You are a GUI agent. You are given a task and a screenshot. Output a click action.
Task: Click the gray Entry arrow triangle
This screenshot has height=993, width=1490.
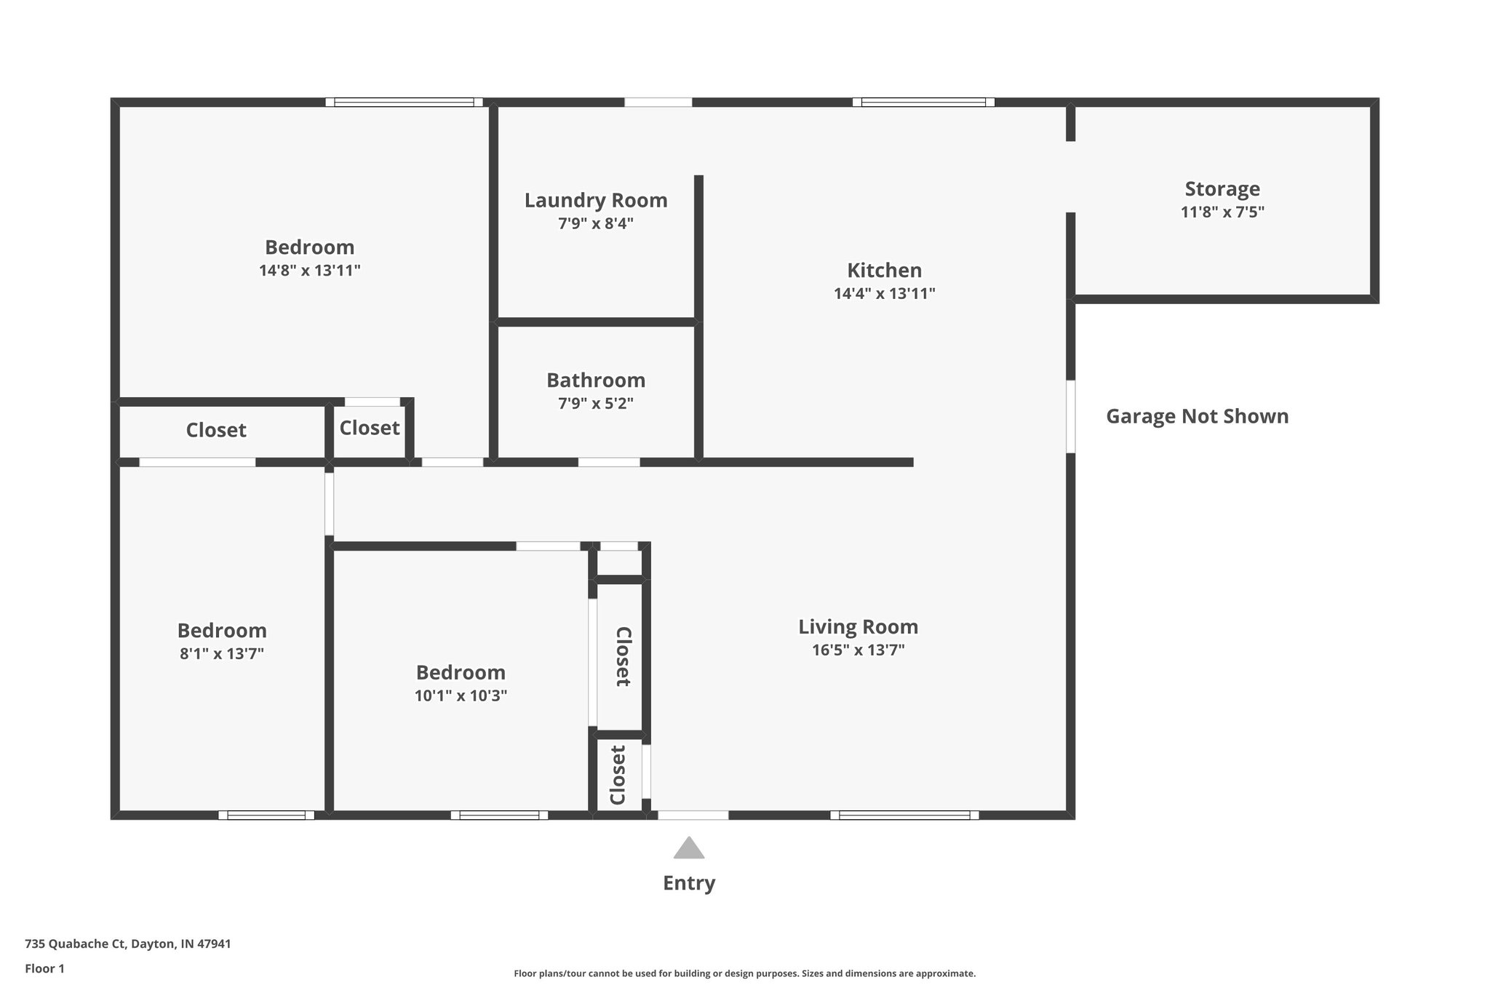(x=688, y=849)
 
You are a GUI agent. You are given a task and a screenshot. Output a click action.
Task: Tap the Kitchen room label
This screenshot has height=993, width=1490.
(x=884, y=271)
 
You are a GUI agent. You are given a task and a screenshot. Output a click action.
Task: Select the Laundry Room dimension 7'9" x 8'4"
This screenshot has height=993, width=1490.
(x=595, y=223)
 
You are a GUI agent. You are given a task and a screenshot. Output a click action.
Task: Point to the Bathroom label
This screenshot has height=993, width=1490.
(x=595, y=380)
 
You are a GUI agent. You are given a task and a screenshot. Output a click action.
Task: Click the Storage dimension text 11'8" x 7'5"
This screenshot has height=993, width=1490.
(x=1222, y=212)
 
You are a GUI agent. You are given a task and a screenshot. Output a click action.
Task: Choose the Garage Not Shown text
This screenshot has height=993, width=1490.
(x=1197, y=416)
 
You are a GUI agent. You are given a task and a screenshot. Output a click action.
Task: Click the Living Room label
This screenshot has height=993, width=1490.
(x=858, y=627)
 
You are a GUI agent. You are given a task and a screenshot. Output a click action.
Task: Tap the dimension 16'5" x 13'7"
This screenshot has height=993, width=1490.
(x=858, y=650)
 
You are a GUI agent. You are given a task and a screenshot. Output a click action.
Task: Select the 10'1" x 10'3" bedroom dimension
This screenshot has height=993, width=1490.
(x=461, y=695)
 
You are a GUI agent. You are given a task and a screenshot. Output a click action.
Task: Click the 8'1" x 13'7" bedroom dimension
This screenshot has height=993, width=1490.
(x=222, y=653)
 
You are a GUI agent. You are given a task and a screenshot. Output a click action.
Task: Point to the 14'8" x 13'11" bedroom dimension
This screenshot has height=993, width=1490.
(x=309, y=271)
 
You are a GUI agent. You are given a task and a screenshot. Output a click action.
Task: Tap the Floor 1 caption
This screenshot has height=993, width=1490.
(x=44, y=968)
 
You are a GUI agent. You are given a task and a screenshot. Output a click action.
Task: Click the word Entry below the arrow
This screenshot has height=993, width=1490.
(x=688, y=883)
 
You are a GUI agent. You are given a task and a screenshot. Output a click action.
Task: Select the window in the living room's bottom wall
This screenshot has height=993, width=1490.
(x=904, y=815)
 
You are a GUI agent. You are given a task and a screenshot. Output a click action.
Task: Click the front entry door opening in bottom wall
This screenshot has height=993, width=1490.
(x=693, y=815)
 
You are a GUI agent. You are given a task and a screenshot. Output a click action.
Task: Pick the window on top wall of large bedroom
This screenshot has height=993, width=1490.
(x=404, y=103)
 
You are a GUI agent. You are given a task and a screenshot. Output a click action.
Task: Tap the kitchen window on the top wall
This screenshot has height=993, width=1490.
(x=923, y=103)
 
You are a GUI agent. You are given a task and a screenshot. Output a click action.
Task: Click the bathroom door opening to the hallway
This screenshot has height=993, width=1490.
(x=609, y=462)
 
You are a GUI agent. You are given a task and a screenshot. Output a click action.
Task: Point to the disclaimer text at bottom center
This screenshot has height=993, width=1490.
(x=744, y=973)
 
